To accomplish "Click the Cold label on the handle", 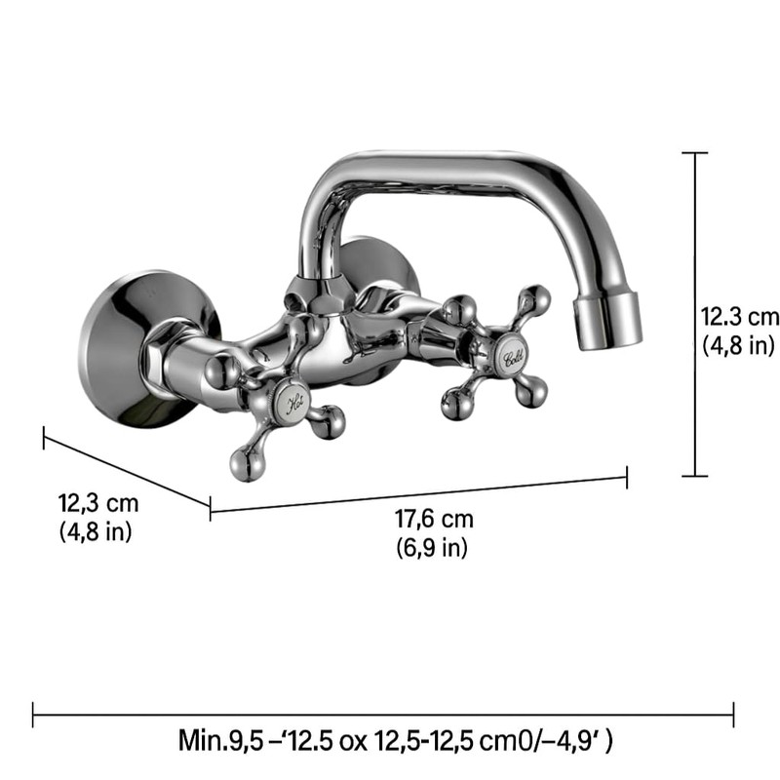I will click(x=514, y=356).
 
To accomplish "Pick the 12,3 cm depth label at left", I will click(x=98, y=504).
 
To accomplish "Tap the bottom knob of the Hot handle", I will click(x=247, y=462).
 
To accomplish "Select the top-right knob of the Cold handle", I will click(x=532, y=299).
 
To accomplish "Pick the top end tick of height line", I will click(x=694, y=153).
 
